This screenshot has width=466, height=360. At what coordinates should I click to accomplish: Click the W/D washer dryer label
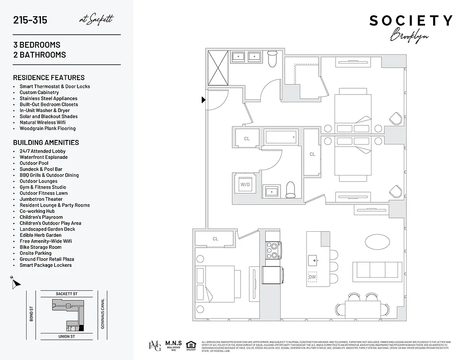point(245,184)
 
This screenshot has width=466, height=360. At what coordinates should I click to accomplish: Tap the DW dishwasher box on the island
point(312,277)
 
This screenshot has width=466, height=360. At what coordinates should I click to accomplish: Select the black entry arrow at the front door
point(204,100)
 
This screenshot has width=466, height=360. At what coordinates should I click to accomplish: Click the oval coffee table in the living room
point(378,242)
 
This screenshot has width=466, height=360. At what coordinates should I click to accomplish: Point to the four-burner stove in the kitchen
point(272,251)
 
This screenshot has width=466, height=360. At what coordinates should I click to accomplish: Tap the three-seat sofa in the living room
point(376,271)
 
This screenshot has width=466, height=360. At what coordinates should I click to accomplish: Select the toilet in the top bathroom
point(272,58)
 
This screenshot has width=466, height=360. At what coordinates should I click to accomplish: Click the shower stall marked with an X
point(218,68)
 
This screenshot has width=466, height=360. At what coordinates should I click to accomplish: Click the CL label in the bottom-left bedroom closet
point(215,238)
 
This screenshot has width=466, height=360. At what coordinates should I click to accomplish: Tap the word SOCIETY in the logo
point(411,21)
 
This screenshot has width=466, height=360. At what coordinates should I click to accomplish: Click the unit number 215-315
point(30,20)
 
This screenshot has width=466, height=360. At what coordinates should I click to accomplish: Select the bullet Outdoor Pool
point(34,163)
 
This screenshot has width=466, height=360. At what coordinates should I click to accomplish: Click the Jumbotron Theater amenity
point(41,199)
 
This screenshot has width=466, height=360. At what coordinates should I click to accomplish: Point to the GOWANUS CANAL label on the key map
point(103,314)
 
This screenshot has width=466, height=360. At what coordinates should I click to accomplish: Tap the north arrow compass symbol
point(16,283)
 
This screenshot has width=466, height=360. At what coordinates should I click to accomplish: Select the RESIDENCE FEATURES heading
point(49,77)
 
